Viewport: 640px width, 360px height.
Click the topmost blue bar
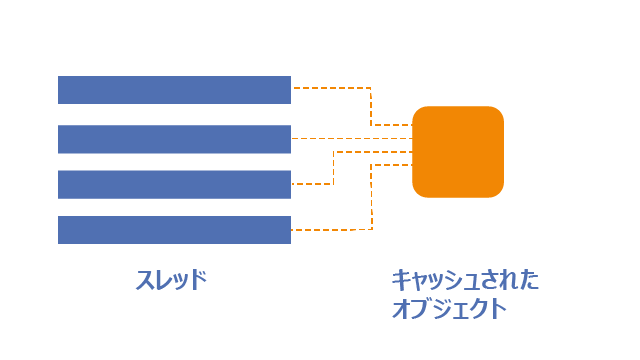(x=174, y=90)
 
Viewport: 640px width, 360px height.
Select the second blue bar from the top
(x=174, y=139)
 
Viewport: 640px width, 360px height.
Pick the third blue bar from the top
(x=174, y=184)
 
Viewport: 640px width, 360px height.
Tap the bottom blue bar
(x=174, y=230)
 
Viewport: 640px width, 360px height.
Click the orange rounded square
(x=458, y=152)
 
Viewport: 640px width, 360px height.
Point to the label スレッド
(x=171, y=280)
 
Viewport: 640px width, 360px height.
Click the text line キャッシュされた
(x=465, y=280)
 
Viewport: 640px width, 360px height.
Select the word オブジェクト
(x=449, y=309)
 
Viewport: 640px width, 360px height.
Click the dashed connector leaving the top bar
(x=371, y=106)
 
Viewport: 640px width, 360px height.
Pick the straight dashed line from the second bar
(x=352, y=139)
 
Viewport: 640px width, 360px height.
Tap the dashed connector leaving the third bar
(x=333, y=168)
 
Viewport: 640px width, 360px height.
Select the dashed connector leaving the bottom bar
(x=372, y=197)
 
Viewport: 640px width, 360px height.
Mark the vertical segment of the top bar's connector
(x=371, y=106)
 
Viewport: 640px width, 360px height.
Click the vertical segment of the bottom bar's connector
(x=372, y=197)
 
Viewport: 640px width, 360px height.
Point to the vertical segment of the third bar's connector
(x=333, y=168)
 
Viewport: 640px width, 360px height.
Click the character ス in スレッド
(x=144, y=280)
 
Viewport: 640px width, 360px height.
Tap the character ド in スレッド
(x=199, y=280)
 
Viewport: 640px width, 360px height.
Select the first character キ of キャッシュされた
(x=401, y=280)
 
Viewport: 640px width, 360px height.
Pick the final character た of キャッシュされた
(x=529, y=280)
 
